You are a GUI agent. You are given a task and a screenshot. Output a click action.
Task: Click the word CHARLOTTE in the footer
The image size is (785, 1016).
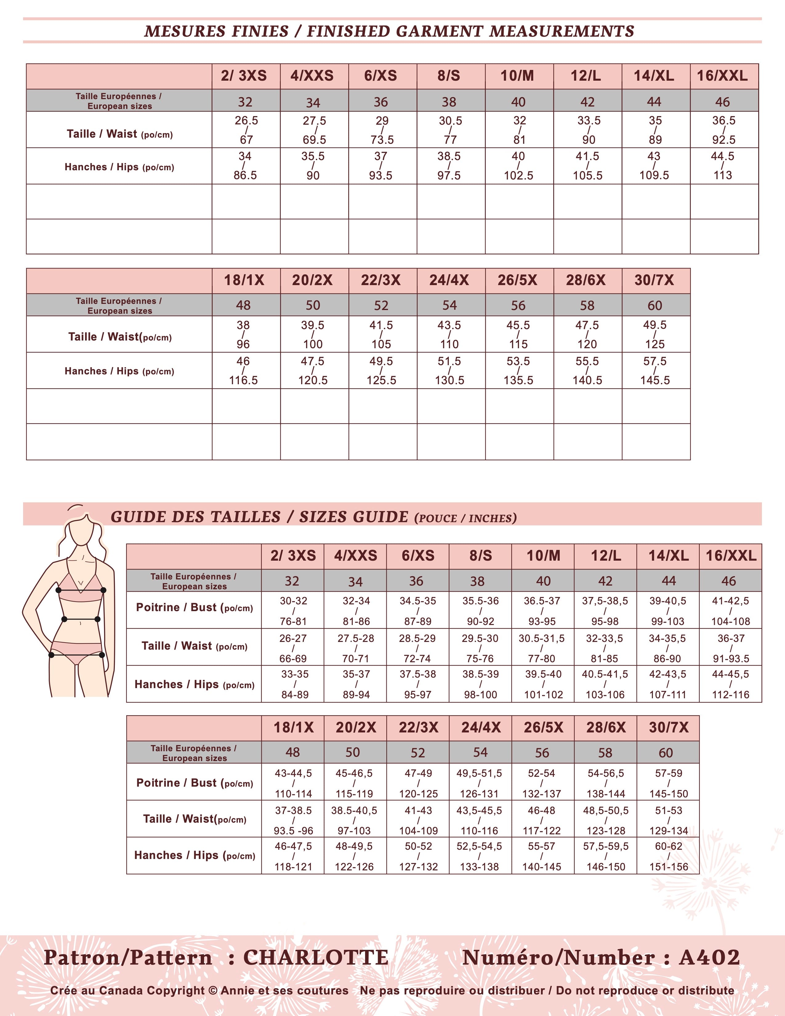pyautogui.click(x=316, y=958)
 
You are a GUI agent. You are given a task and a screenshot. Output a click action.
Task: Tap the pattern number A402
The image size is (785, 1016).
pyautogui.click(x=709, y=958)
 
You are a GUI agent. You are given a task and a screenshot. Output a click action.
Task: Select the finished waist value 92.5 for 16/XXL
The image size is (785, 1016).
pyautogui.click(x=724, y=139)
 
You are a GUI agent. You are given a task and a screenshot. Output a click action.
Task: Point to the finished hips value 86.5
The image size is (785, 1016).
pyautogui.click(x=245, y=175)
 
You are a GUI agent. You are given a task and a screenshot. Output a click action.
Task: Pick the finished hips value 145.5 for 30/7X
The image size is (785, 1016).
pyautogui.click(x=655, y=380)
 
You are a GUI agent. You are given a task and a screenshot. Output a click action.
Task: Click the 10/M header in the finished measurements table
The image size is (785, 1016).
pyautogui.click(x=517, y=76)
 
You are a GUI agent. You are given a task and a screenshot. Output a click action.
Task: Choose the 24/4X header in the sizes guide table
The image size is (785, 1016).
pyautogui.click(x=481, y=728)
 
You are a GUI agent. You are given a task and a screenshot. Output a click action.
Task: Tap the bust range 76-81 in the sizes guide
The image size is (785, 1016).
pyautogui.click(x=293, y=622)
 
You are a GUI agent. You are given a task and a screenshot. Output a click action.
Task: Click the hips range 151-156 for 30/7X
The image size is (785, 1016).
pyautogui.click(x=669, y=867)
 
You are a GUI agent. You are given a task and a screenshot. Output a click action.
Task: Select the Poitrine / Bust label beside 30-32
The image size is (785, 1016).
pyautogui.click(x=194, y=607)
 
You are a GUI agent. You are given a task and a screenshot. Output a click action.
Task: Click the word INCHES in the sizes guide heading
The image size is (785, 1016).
pyautogui.click(x=492, y=518)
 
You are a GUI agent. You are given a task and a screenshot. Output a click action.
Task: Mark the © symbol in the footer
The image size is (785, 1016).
pyautogui.click(x=213, y=991)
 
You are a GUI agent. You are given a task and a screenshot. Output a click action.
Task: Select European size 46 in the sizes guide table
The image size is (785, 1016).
pyautogui.click(x=729, y=581)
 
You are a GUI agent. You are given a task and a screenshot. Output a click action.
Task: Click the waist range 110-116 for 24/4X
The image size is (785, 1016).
pyautogui.click(x=479, y=831)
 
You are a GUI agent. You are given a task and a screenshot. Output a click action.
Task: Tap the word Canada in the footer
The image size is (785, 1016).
pyautogui.click(x=121, y=991)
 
